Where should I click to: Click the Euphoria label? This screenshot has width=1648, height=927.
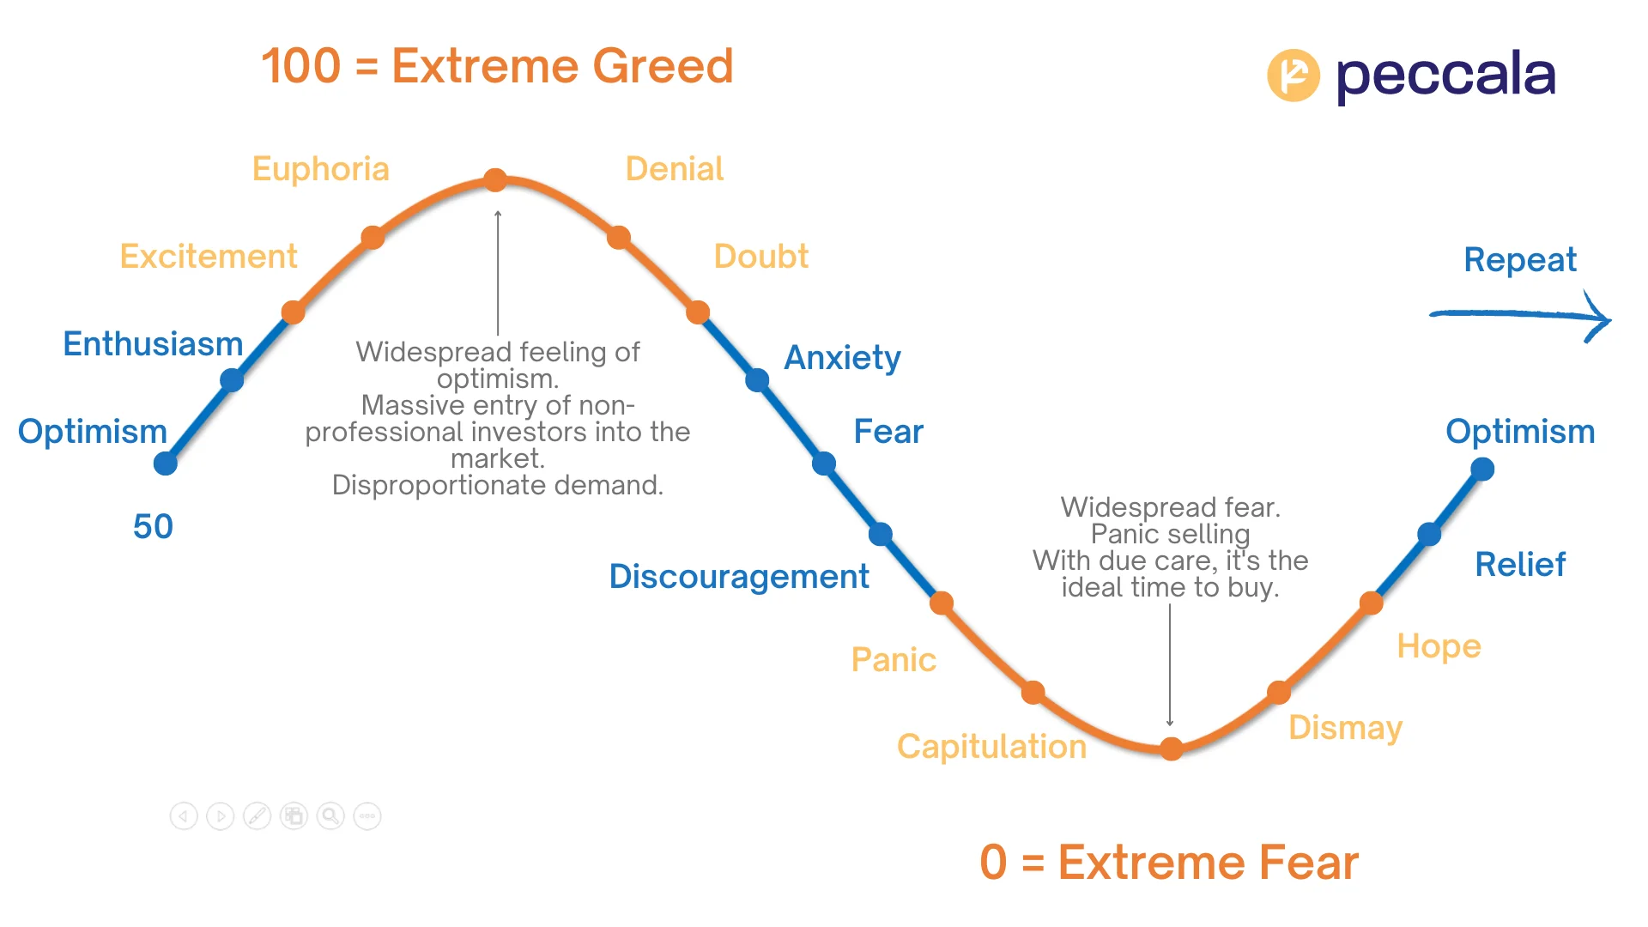(320, 169)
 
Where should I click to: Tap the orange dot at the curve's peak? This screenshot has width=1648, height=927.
(495, 179)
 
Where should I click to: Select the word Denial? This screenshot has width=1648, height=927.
(675, 169)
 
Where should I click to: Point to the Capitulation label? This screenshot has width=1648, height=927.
(991, 747)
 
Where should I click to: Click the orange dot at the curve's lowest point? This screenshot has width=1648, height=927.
(1171, 748)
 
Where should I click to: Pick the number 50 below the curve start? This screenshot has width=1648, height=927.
(153, 526)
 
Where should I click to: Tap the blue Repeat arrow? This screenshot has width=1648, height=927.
(1520, 316)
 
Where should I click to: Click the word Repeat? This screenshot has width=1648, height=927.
(1520, 259)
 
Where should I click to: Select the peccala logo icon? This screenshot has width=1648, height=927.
(1294, 76)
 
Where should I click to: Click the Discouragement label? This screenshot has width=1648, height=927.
(739, 577)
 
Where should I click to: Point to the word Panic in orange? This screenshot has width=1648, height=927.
(894, 660)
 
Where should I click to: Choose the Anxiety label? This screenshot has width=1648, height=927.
(843, 358)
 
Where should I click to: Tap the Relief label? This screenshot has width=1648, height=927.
(1520, 565)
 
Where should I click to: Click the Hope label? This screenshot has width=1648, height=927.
(1439, 646)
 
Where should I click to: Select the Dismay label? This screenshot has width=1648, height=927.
(1345, 728)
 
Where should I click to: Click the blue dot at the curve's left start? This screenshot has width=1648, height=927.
(166, 463)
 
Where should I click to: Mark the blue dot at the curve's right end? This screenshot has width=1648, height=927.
(1482, 470)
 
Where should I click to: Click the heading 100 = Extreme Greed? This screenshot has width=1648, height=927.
(497, 66)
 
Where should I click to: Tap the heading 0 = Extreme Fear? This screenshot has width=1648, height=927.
(1169, 863)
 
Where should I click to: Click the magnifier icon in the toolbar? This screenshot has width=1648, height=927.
(330, 815)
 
